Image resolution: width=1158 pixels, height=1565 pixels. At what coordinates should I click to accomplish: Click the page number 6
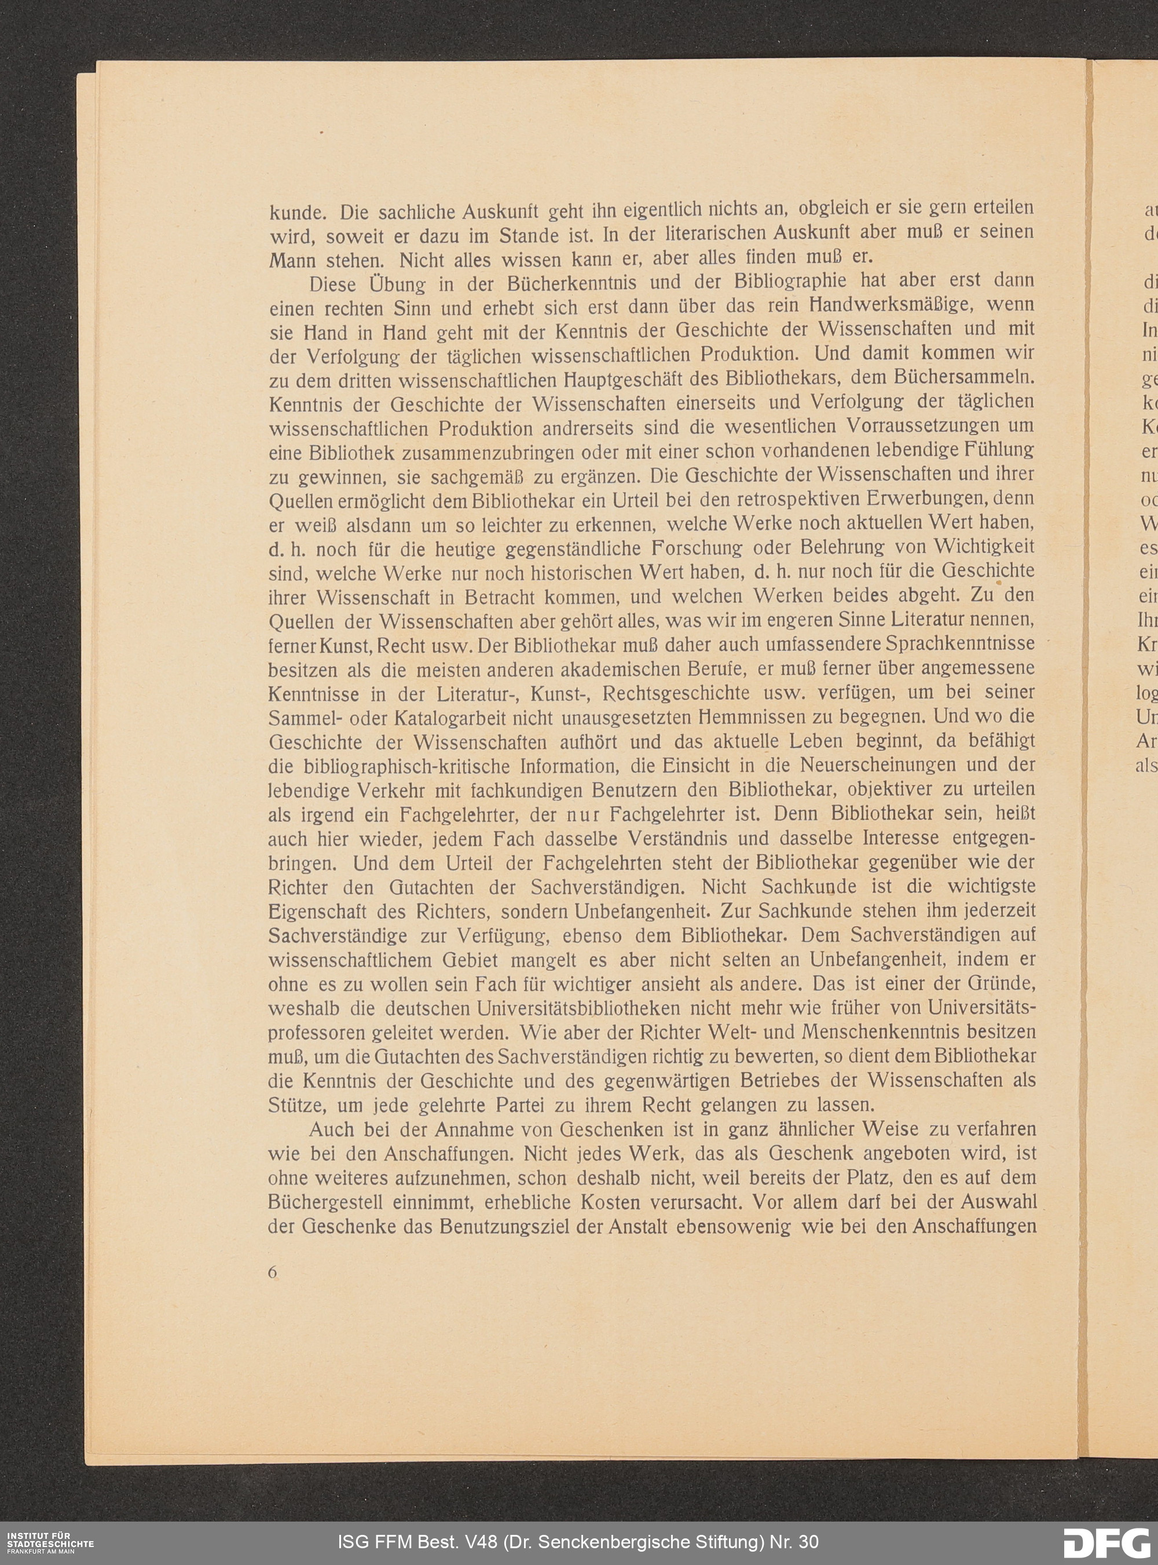coord(273,1273)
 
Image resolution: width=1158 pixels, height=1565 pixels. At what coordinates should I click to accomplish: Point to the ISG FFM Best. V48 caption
coord(578,1542)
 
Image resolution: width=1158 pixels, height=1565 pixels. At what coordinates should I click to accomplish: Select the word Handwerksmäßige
coord(908,306)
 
